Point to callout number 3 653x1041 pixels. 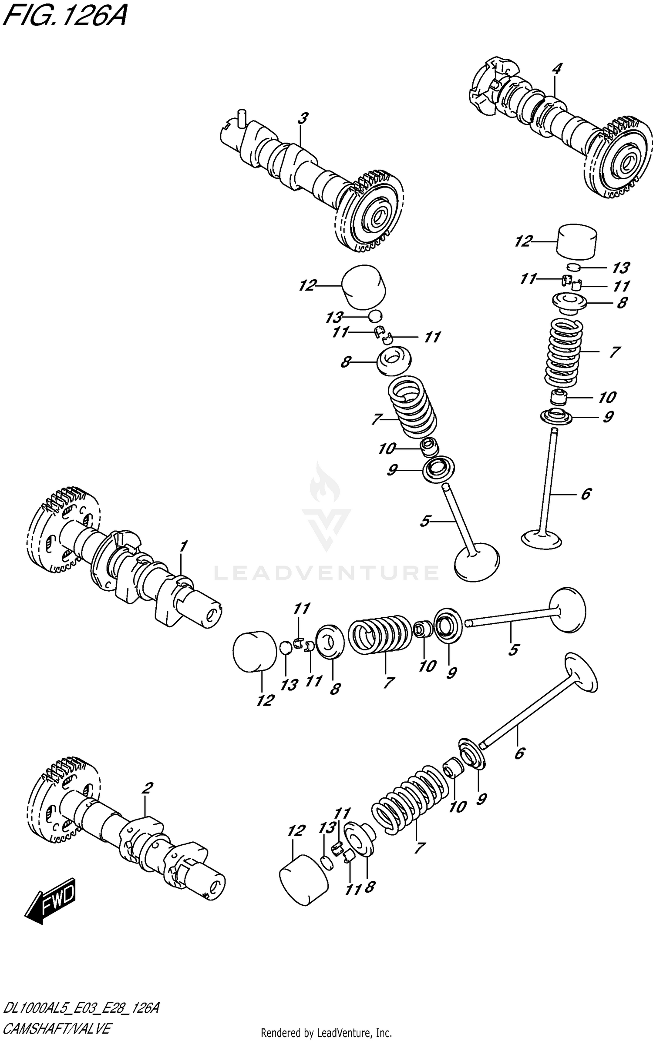tap(303, 118)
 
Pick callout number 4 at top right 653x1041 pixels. tap(557, 68)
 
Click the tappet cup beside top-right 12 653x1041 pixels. tap(577, 242)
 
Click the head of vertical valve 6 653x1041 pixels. tap(541, 539)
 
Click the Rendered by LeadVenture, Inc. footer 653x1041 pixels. tap(326, 1032)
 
